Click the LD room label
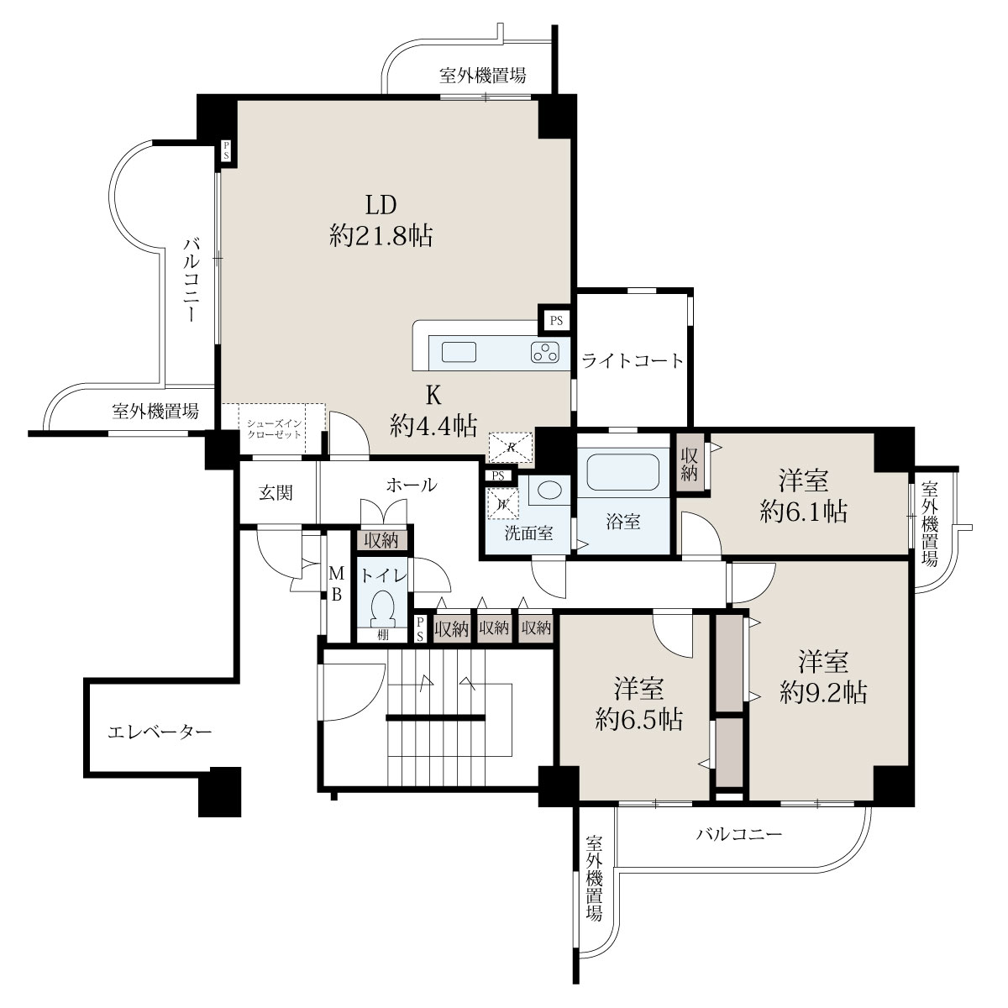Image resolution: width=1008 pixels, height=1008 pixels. click(x=381, y=205)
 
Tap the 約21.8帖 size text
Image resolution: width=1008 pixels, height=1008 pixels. click(x=381, y=236)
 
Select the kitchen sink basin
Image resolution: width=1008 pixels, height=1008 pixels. click(x=459, y=352)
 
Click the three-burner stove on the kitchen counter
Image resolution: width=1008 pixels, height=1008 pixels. click(x=545, y=352)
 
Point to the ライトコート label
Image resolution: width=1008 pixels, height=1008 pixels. click(x=633, y=360)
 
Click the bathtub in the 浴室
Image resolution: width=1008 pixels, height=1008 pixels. click(x=622, y=472)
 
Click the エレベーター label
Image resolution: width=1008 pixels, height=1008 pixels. click(x=160, y=732)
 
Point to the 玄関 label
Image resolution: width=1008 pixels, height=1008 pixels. click(x=276, y=493)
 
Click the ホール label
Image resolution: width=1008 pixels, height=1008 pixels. click(x=412, y=485)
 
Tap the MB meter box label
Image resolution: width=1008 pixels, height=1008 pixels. click(x=336, y=585)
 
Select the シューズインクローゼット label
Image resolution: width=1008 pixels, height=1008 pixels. click(x=274, y=429)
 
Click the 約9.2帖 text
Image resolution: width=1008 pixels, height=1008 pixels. click(x=823, y=692)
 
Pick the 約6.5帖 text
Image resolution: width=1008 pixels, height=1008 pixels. click(x=638, y=720)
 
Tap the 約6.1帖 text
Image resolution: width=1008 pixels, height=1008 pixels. click(x=804, y=511)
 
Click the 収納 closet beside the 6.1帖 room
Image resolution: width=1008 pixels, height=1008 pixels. click(x=689, y=463)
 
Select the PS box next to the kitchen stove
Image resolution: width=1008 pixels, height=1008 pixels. click(x=556, y=320)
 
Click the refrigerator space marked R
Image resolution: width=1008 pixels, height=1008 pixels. click(x=510, y=447)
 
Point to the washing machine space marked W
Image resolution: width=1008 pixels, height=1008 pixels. click(x=502, y=504)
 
